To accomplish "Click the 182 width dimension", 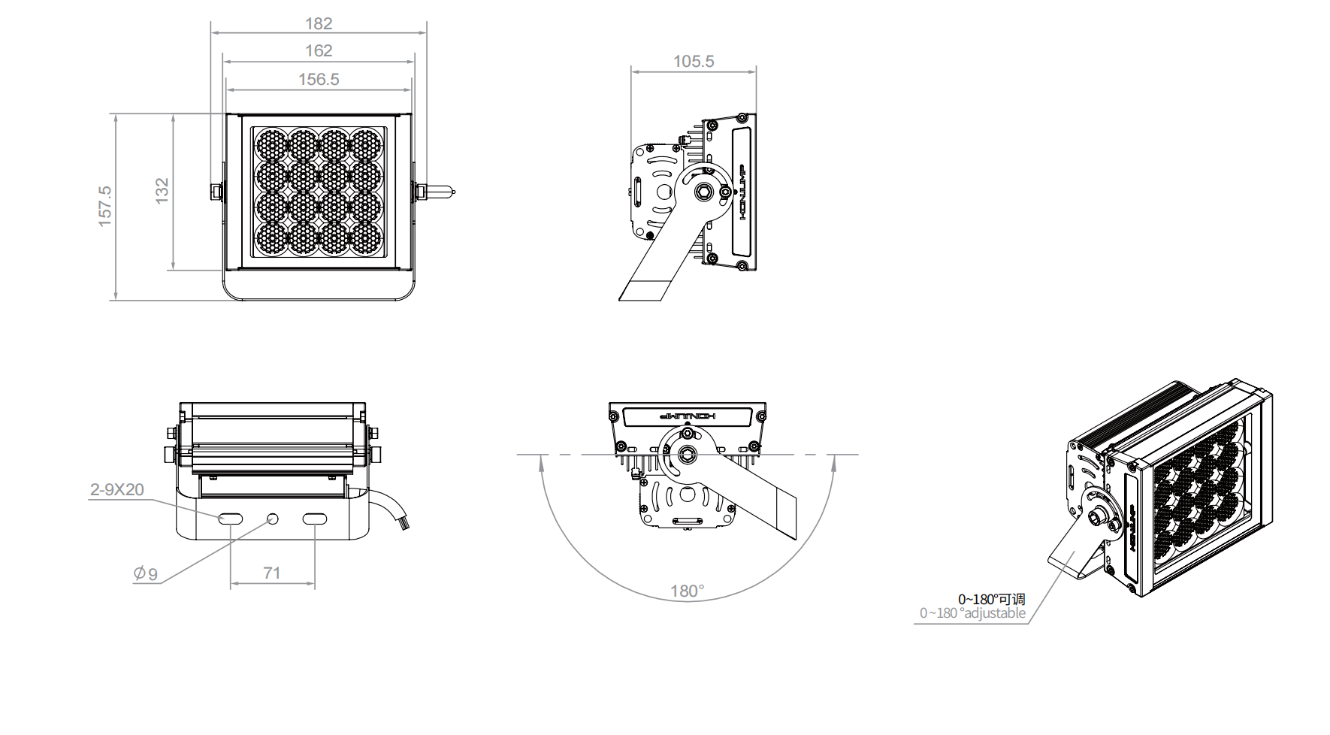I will [x=319, y=24].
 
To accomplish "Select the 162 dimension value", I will [x=319, y=51].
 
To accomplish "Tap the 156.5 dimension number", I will [x=319, y=79].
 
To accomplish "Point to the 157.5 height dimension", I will [x=105, y=206].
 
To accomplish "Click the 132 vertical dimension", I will [x=162, y=191].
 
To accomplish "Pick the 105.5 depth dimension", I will [x=694, y=62].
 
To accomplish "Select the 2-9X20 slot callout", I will [x=116, y=490].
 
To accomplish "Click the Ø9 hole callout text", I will [x=146, y=574].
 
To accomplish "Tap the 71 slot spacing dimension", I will [x=272, y=573].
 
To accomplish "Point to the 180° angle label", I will [x=688, y=591].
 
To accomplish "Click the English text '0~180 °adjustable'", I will [x=972, y=613].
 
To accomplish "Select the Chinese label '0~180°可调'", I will [x=991, y=600].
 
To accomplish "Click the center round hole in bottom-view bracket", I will [x=272, y=519].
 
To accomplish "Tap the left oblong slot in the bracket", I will [x=230, y=519].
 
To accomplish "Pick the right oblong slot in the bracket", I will [x=314, y=519].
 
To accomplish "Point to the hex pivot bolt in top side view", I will [x=704, y=191].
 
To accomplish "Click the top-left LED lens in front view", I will [x=271, y=143].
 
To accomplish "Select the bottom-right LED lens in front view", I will [x=366, y=238].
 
